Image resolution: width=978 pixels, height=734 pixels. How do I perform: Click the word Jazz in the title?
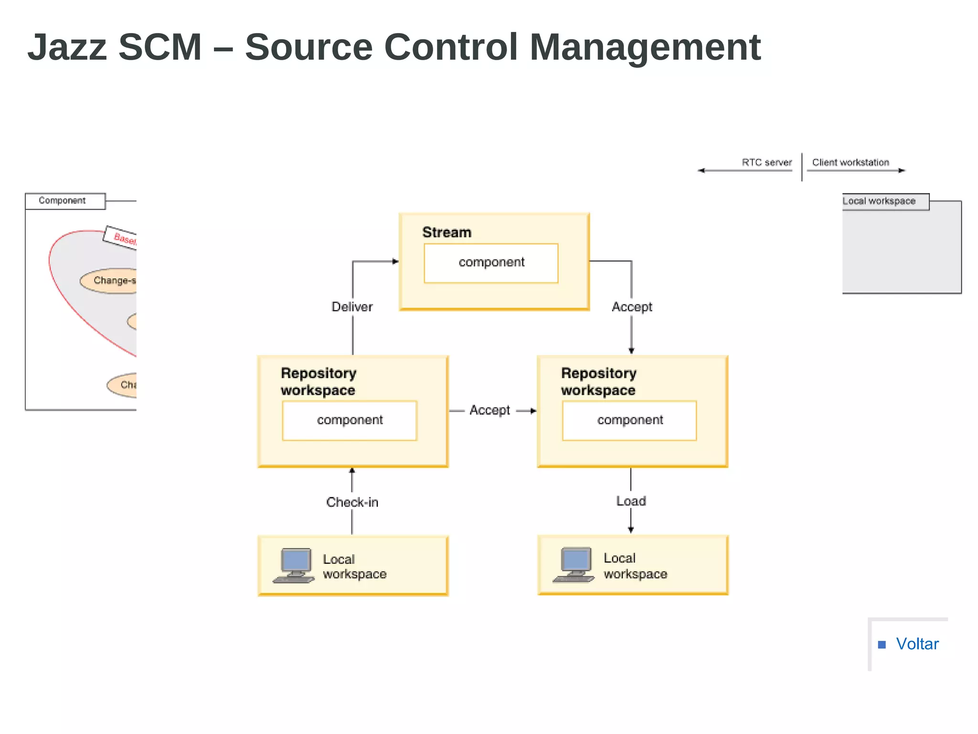pos(67,48)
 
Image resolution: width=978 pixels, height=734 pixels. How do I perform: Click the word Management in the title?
pos(645,48)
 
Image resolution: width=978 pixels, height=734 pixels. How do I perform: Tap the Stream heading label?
pos(446,232)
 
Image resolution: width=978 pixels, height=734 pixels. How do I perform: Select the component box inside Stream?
pos(491,263)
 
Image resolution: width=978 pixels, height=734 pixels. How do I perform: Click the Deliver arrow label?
pos(352,307)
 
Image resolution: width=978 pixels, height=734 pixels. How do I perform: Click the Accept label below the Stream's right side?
pos(632,307)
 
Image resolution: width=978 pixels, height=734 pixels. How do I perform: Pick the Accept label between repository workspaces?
pos(489,410)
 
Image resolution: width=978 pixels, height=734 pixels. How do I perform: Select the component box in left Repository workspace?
pos(350,420)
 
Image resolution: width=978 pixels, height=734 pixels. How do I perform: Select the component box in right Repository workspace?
pos(629,420)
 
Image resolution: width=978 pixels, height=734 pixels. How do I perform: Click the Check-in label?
pos(352,502)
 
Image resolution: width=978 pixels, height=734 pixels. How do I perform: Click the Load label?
pos(631,501)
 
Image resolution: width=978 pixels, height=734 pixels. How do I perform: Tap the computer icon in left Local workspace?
pos(294,565)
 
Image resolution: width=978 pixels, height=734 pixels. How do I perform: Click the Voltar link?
pos(917,644)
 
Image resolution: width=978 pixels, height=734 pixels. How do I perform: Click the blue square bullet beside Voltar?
pos(882,645)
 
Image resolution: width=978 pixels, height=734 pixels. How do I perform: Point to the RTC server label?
pos(766,162)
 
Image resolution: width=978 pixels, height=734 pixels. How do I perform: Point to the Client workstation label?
pos(850,162)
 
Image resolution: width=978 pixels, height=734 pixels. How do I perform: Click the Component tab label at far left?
pos(63,201)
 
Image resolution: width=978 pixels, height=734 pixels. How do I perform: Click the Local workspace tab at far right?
pos(879,201)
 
